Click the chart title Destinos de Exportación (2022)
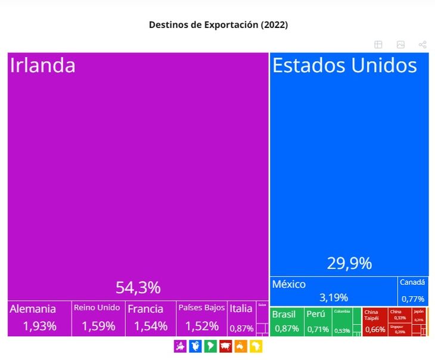coord(218,24)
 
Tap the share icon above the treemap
coord(422,45)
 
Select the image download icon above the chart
coord(400,45)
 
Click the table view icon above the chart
coord(378,45)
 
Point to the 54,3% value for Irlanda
coord(138,288)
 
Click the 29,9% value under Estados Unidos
coord(349,263)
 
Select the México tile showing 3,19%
coord(333,291)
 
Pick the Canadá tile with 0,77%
coord(412,291)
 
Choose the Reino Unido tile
coord(98,318)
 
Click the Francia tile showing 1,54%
coord(150,318)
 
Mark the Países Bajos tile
coord(201,318)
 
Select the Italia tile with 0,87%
coord(241,318)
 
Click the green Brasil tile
coord(287,322)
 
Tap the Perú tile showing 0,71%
coord(318,322)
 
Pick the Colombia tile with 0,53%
coord(342,322)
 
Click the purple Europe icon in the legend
coord(180,346)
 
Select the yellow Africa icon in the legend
coord(256,346)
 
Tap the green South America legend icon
coord(210,346)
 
